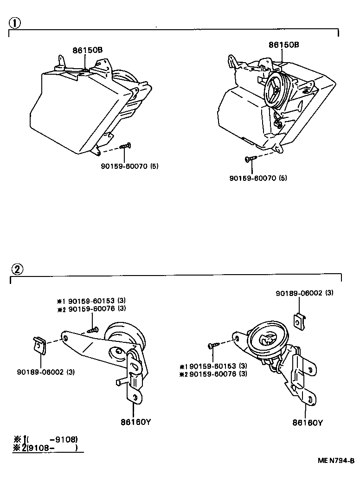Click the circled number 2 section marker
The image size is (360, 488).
[x=16, y=269]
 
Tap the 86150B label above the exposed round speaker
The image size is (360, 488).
[x=283, y=45]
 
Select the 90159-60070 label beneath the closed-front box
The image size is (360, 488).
[x=129, y=166]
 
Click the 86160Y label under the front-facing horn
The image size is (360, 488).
[x=308, y=423]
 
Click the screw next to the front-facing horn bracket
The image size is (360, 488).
[x=213, y=345]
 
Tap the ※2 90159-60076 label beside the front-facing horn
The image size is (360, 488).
[x=213, y=373]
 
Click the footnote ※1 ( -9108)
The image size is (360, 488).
[x=45, y=439]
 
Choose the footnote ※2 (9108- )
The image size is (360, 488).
[x=45, y=448]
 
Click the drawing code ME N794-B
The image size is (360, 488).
[x=336, y=461]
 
